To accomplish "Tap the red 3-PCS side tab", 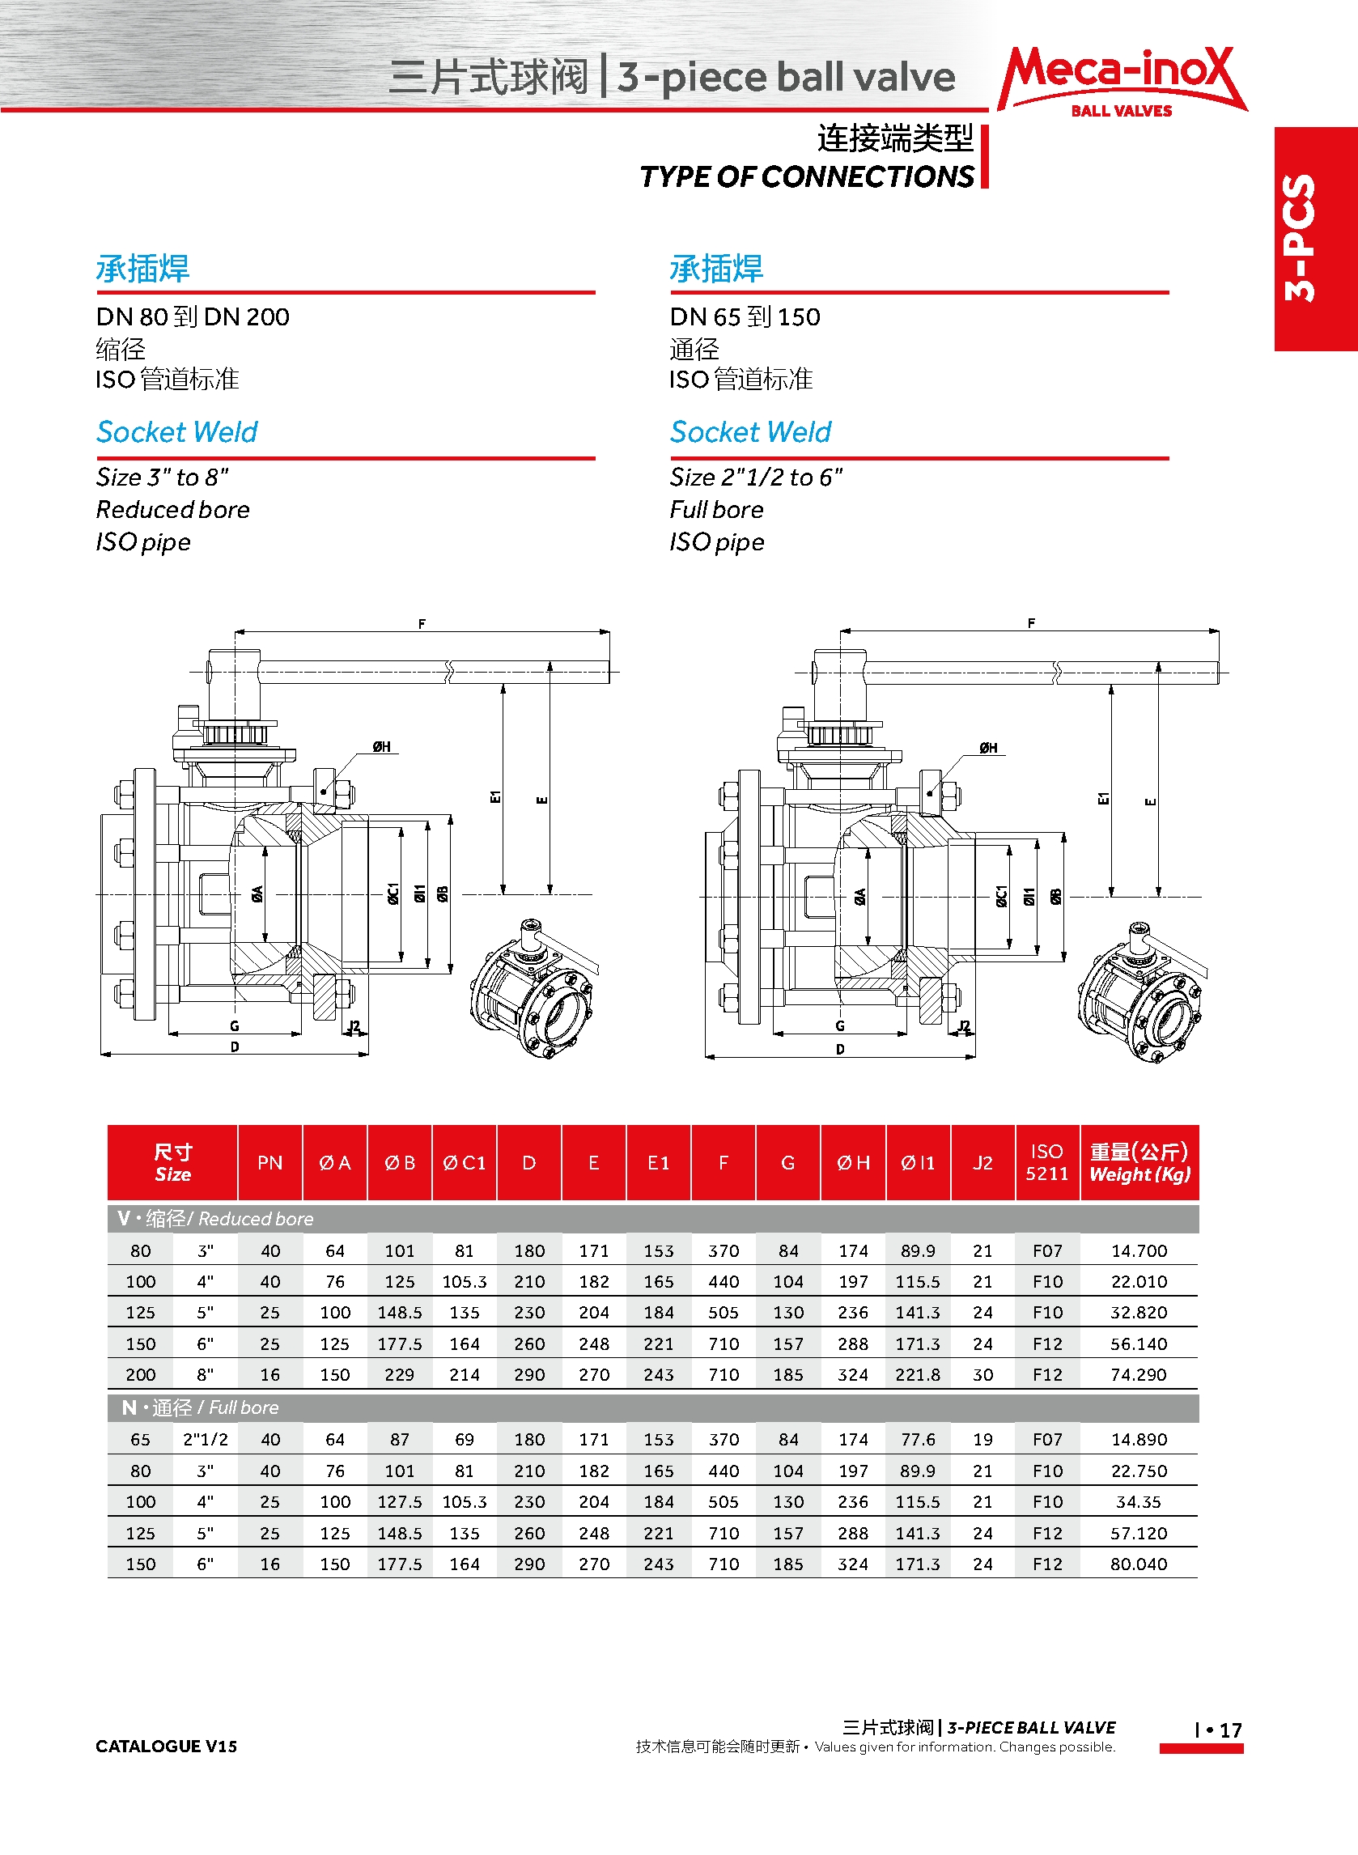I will coord(1314,238).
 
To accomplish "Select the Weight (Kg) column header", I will coord(1139,1162).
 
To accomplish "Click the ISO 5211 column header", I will coord(1046,1162).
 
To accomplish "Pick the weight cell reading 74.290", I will coord(1139,1374).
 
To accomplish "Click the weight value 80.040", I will coord(1139,1564).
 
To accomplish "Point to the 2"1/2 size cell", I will coord(206,1439).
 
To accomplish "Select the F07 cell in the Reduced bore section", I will coord(1047,1251).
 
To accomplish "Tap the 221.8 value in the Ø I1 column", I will coord(918,1374).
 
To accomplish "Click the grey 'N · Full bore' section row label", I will coord(201,1408).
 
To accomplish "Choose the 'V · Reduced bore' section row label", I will coord(215,1219).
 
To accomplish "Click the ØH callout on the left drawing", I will coord(381,747).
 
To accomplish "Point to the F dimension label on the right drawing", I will coord(1031,623).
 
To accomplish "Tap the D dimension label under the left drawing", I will coord(236,1047).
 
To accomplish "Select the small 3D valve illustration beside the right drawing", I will coord(1142,992).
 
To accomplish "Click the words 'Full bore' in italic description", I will coord(716,510).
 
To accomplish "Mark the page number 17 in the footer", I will coord(1230,1730).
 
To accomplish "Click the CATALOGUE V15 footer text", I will coord(166,1746).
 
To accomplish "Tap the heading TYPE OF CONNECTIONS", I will coord(806,176).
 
